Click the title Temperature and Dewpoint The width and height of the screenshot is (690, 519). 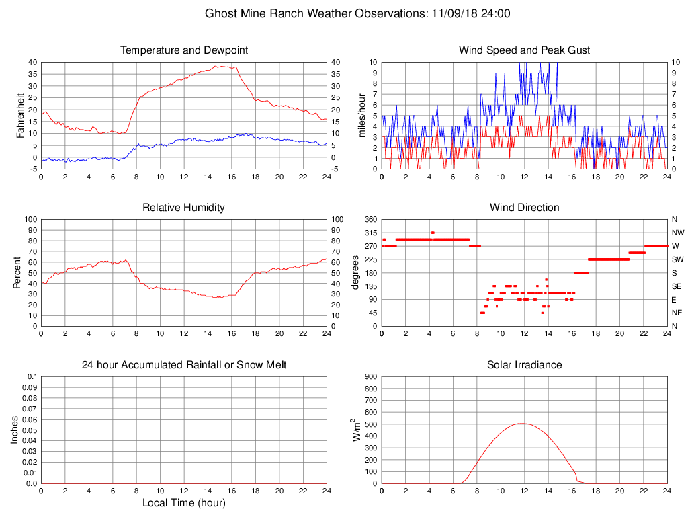click(184, 50)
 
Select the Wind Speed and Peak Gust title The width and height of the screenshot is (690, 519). click(524, 50)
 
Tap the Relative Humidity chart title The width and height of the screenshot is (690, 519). click(183, 208)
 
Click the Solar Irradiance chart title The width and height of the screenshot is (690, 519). click(524, 365)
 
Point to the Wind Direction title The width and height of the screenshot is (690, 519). click(524, 208)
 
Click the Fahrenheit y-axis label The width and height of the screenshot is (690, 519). click(20, 115)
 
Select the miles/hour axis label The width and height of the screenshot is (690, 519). click(362, 115)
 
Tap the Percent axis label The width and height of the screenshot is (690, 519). click(17, 272)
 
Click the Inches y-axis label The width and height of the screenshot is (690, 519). click(15, 430)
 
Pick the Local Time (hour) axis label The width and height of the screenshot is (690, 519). click(183, 503)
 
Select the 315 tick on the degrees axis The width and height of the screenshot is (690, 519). click(370, 233)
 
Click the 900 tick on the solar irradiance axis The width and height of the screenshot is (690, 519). click(370, 377)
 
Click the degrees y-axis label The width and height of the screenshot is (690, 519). click(355, 272)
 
